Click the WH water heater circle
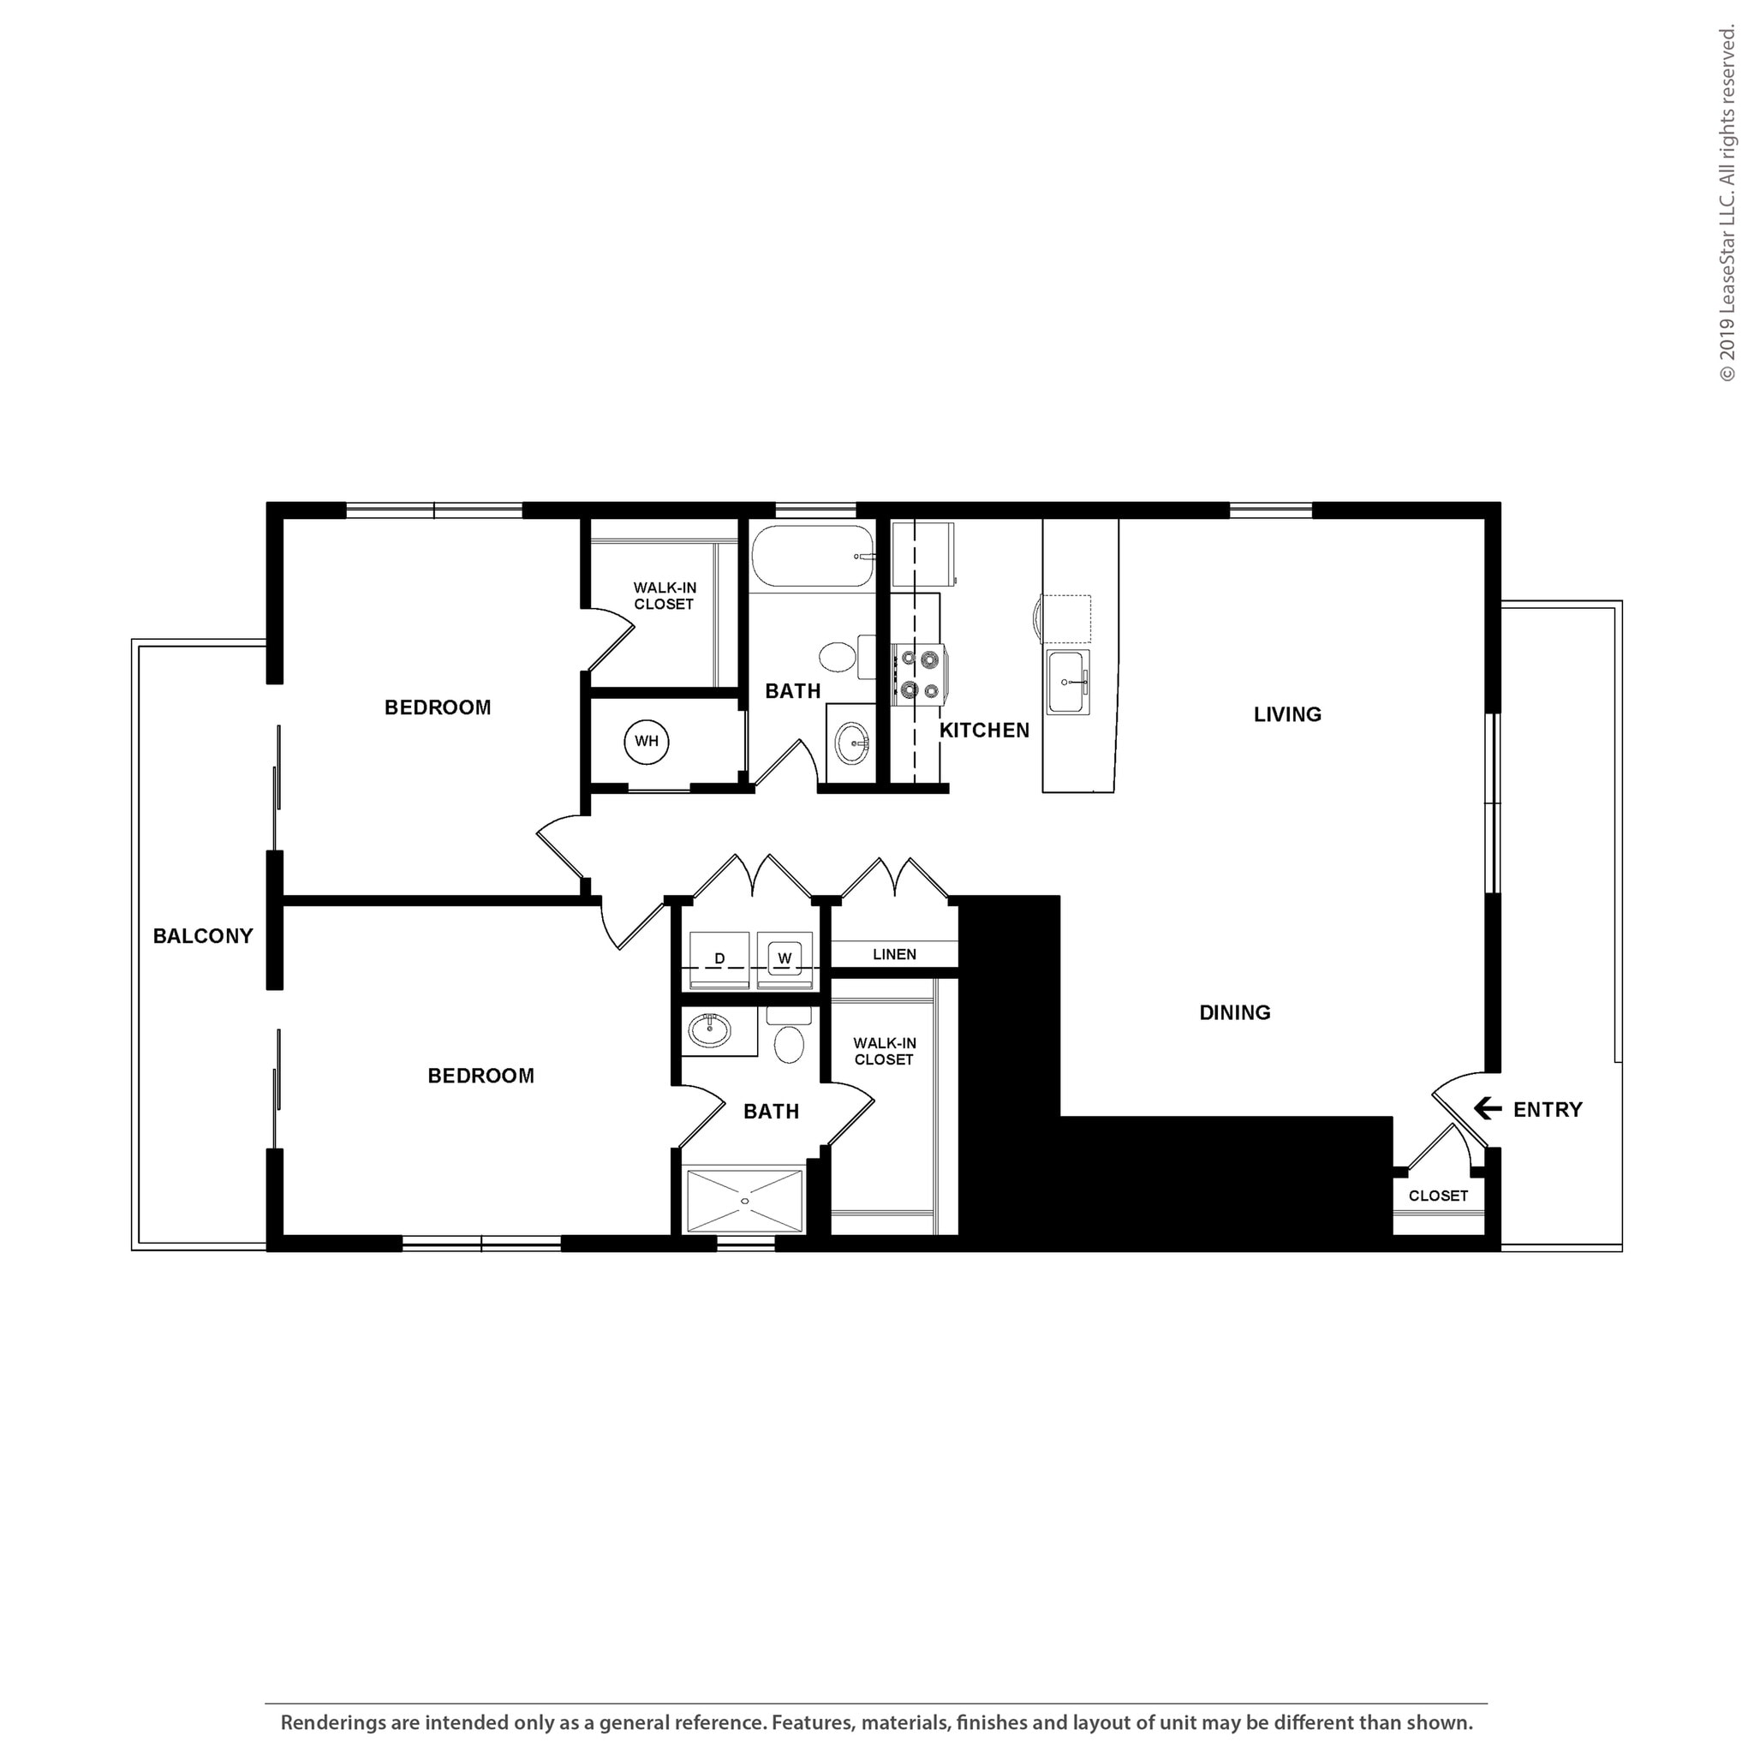647,742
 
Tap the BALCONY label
202,936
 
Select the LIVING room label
1286,714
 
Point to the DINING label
1234,1012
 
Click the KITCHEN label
984,730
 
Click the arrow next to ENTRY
1487,1108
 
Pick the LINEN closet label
894,954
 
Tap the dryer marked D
719,959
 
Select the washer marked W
785,958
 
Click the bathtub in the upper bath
812,557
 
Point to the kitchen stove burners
919,674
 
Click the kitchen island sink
1067,682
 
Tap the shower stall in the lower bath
744,1201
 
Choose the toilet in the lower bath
789,1041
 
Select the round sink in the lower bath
710,1030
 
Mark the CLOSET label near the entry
1438,1196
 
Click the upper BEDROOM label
438,707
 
